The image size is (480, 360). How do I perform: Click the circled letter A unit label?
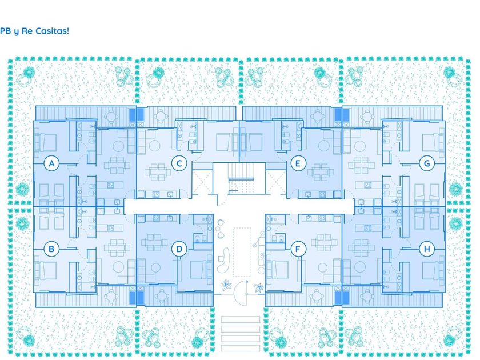tap(51, 163)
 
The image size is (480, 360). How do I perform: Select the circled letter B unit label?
tap(51, 249)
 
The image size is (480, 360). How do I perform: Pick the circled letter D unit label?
tap(179, 249)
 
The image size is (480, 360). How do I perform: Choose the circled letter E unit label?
tap(298, 163)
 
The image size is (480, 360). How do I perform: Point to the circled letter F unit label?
tap(298, 249)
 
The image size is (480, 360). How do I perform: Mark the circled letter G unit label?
tap(427, 163)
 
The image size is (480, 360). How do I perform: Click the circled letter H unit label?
tap(427, 249)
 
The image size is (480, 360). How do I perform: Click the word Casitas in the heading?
tap(52, 31)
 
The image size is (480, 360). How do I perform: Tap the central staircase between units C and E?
tap(242, 178)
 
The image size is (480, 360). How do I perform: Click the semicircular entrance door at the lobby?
tap(241, 293)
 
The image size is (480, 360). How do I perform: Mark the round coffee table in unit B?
tap(118, 267)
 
